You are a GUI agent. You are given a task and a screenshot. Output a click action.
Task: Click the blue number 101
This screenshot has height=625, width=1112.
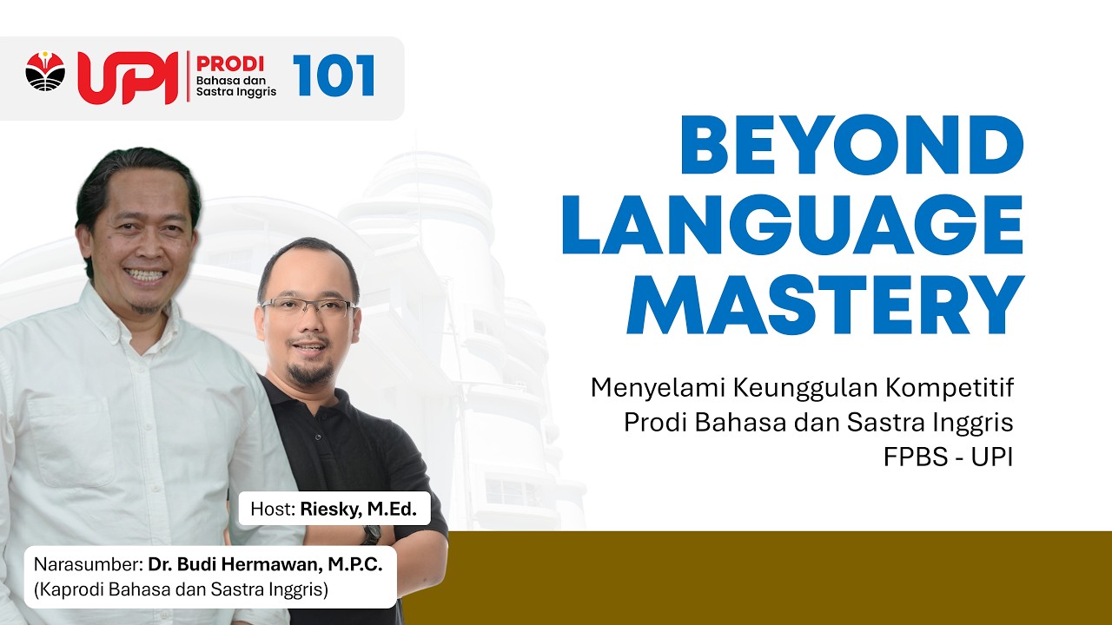pyautogui.click(x=334, y=76)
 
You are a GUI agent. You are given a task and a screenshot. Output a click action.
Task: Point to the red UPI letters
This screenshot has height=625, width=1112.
pyautogui.click(x=130, y=77)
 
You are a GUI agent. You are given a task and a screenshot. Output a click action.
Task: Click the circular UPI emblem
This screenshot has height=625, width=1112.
pyautogui.click(x=45, y=71)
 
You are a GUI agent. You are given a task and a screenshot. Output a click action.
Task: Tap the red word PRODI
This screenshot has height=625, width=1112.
pyautogui.click(x=230, y=64)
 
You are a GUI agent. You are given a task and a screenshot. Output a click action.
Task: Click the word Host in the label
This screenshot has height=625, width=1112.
pyautogui.click(x=271, y=509)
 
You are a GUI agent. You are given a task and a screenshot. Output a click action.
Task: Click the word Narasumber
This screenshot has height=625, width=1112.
pyautogui.click(x=89, y=564)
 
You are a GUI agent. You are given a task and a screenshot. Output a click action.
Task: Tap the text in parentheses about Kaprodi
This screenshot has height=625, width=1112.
pyautogui.click(x=181, y=591)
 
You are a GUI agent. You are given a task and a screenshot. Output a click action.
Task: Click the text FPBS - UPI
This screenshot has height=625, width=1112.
pyautogui.click(x=949, y=457)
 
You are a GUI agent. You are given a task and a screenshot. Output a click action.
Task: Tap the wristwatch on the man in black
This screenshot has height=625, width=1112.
pyautogui.click(x=372, y=535)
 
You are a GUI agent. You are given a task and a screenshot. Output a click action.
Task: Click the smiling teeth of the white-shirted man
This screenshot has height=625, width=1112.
pyautogui.click(x=145, y=275)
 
